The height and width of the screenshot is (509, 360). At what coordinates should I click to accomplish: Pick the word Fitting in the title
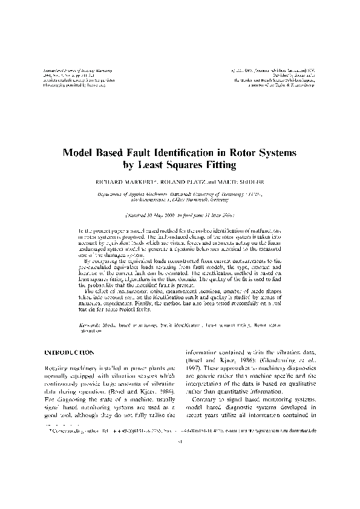click(x=223, y=164)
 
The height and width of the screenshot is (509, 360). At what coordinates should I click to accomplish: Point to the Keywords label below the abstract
click(x=90, y=325)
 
